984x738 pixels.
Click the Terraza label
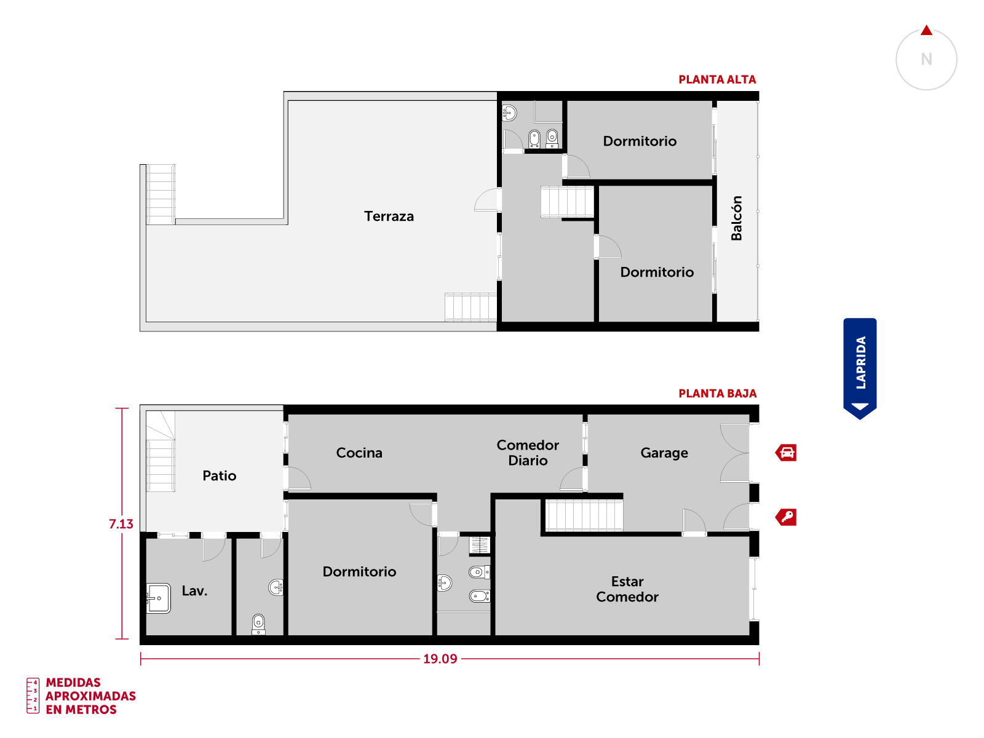[389, 216]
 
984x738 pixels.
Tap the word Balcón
[736, 218]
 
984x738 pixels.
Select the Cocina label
[359, 453]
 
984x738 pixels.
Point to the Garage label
[664, 453]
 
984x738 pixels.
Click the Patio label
[219, 475]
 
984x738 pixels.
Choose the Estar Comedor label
[627, 589]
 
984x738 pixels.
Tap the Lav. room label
[194, 590]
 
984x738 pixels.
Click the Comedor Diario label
[528, 453]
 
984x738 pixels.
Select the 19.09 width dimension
[440, 659]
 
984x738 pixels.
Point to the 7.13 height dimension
[121, 524]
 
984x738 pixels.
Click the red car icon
[786, 453]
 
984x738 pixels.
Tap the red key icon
[786, 517]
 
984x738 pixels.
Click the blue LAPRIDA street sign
[860, 368]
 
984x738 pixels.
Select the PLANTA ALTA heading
[717, 80]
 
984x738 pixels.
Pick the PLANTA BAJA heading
[717, 394]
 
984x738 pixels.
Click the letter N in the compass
[926, 59]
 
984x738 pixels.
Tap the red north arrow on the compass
[927, 31]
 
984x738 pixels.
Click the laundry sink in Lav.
[158, 598]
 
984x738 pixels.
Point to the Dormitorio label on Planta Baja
[359, 572]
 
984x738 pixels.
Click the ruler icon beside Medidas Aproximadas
[33, 696]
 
